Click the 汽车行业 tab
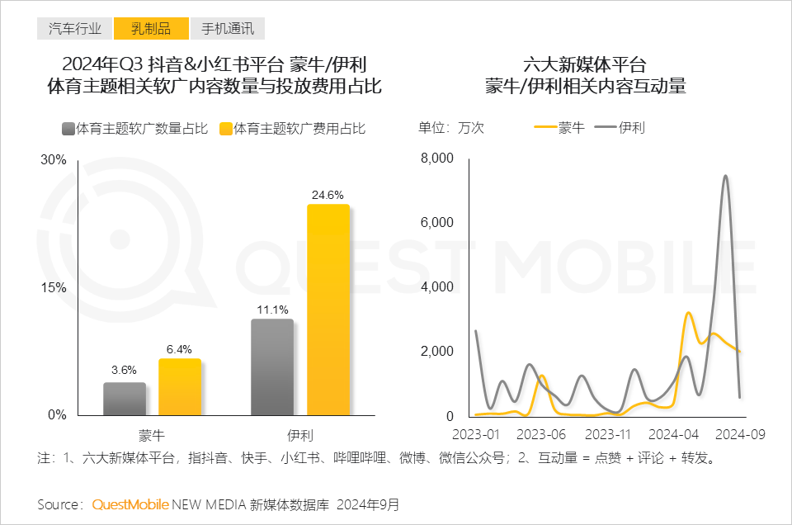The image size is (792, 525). point(74,29)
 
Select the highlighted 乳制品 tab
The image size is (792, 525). point(151,29)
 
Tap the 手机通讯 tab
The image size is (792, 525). point(228,29)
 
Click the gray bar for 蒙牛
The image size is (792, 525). point(125,399)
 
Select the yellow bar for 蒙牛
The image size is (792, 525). point(180,387)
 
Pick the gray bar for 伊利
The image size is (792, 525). point(272,367)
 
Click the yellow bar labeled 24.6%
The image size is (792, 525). point(328,310)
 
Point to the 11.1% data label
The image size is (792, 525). point(272,310)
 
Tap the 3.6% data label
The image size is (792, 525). point(124,370)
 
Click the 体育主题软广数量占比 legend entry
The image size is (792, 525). point(134,129)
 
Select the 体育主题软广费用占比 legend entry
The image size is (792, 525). point(292,129)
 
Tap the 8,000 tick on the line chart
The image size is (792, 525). point(437,158)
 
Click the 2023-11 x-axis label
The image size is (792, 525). point(607,434)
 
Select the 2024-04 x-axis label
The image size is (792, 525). point(673,434)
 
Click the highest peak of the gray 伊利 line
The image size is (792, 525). point(725,176)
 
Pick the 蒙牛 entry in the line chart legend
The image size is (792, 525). point(560,128)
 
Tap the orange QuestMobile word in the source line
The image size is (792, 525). point(130,504)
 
